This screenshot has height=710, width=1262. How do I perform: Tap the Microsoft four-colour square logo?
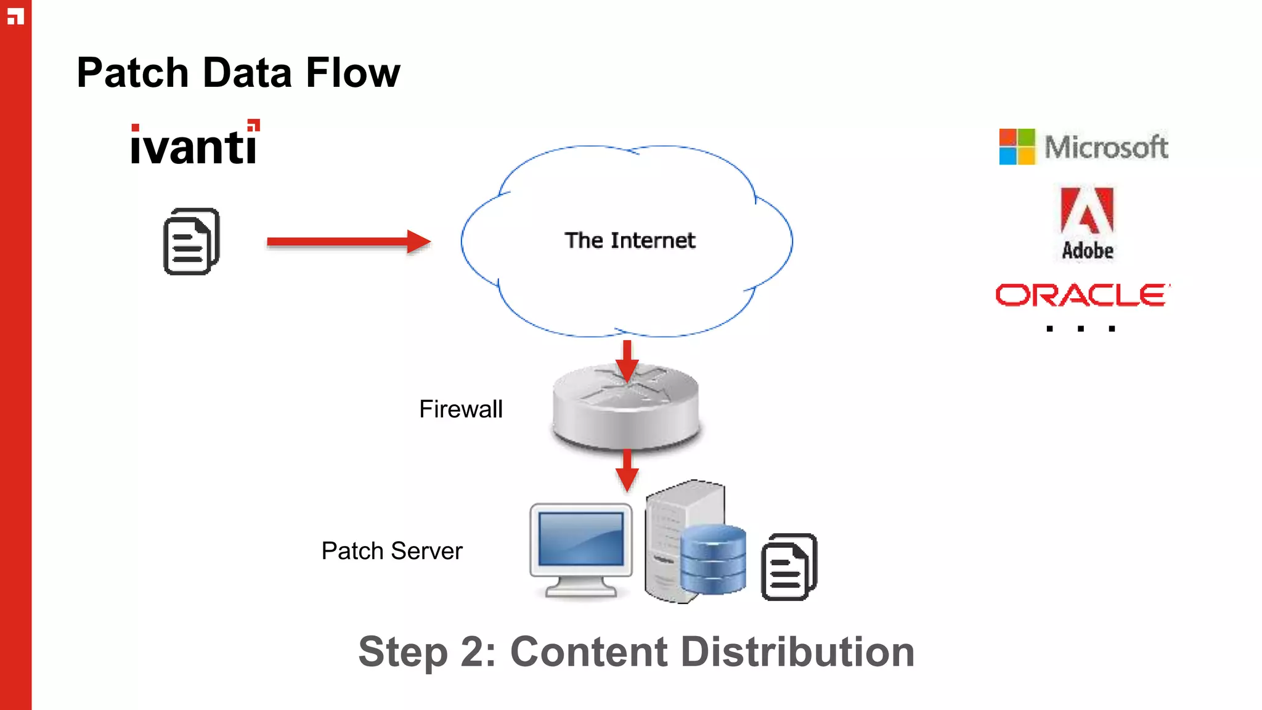(x=1017, y=147)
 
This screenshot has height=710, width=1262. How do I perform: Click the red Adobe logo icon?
(x=1087, y=211)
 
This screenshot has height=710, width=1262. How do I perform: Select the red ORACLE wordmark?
(x=1082, y=295)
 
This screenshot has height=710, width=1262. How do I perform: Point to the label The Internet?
(x=630, y=240)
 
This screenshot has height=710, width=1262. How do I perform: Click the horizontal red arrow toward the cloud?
(x=348, y=242)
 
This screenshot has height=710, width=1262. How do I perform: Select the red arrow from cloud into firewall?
(x=627, y=360)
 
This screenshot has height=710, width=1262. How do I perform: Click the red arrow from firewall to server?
(x=627, y=470)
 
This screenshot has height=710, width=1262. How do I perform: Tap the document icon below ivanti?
(x=192, y=242)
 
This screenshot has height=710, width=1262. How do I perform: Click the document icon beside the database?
(x=789, y=567)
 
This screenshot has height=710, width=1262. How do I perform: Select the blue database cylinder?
(x=713, y=559)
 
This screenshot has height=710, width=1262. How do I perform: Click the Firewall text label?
(x=461, y=409)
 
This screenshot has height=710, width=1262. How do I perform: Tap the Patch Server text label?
(x=392, y=551)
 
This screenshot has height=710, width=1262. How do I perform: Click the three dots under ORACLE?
(x=1081, y=328)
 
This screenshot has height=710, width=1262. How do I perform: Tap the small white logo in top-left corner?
(x=15, y=16)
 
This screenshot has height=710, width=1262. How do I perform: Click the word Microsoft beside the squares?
(x=1106, y=147)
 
